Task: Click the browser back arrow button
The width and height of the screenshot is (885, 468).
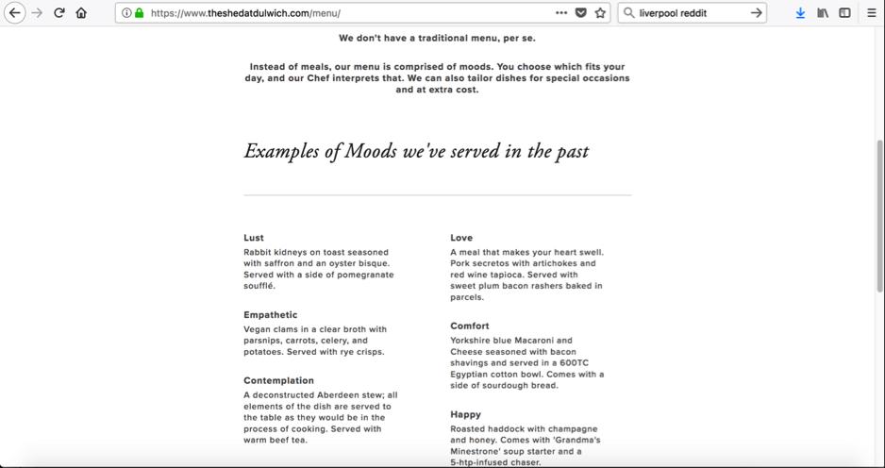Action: pyautogui.click(x=14, y=13)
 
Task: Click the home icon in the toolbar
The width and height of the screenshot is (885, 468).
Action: pyautogui.click(x=81, y=13)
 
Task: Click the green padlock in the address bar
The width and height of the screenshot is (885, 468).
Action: pyautogui.click(x=140, y=13)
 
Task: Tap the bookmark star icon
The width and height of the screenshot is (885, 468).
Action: pyautogui.click(x=600, y=13)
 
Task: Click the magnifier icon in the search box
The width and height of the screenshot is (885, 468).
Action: pyautogui.click(x=629, y=13)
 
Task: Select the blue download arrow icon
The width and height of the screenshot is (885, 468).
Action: pyautogui.click(x=800, y=13)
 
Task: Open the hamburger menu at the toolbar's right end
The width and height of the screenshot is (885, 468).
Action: pyautogui.click(x=871, y=13)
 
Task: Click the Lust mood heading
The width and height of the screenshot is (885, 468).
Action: pyautogui.click(x=254, y=238)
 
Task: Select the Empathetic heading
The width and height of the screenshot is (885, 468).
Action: pyautogui.click(x=271, y=315)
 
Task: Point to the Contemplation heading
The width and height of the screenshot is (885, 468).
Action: pyautogui.click(x=278, y=381)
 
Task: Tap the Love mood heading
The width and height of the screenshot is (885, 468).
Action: pyautogui.click(x=461, y=238)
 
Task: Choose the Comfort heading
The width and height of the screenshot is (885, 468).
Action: pyautogui.click(x=470, y=326)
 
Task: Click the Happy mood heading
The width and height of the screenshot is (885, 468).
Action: pyautogui.click(x=466, y=414)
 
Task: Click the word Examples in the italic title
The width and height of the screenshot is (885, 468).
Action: pyautogui.click(x=284, y=151)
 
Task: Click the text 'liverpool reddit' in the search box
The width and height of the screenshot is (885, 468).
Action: pyautogui.click(x=673, y=13)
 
